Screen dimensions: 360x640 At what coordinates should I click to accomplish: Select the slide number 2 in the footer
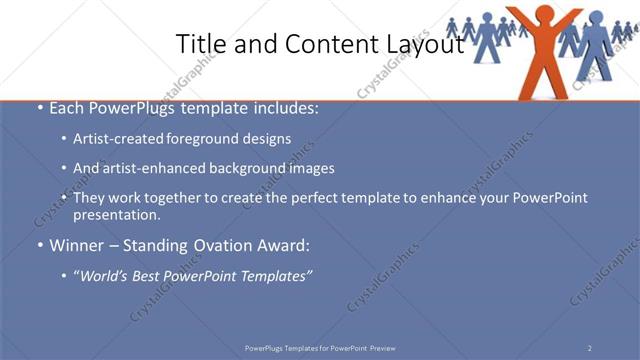click(590, 348)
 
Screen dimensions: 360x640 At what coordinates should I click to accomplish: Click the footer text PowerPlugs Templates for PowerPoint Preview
click(320, 348)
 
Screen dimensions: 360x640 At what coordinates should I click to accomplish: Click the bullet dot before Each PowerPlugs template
click(39, 108)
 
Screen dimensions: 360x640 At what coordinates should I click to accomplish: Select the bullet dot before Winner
click(39, 244)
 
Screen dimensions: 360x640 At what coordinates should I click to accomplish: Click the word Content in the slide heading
click(325, 44)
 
